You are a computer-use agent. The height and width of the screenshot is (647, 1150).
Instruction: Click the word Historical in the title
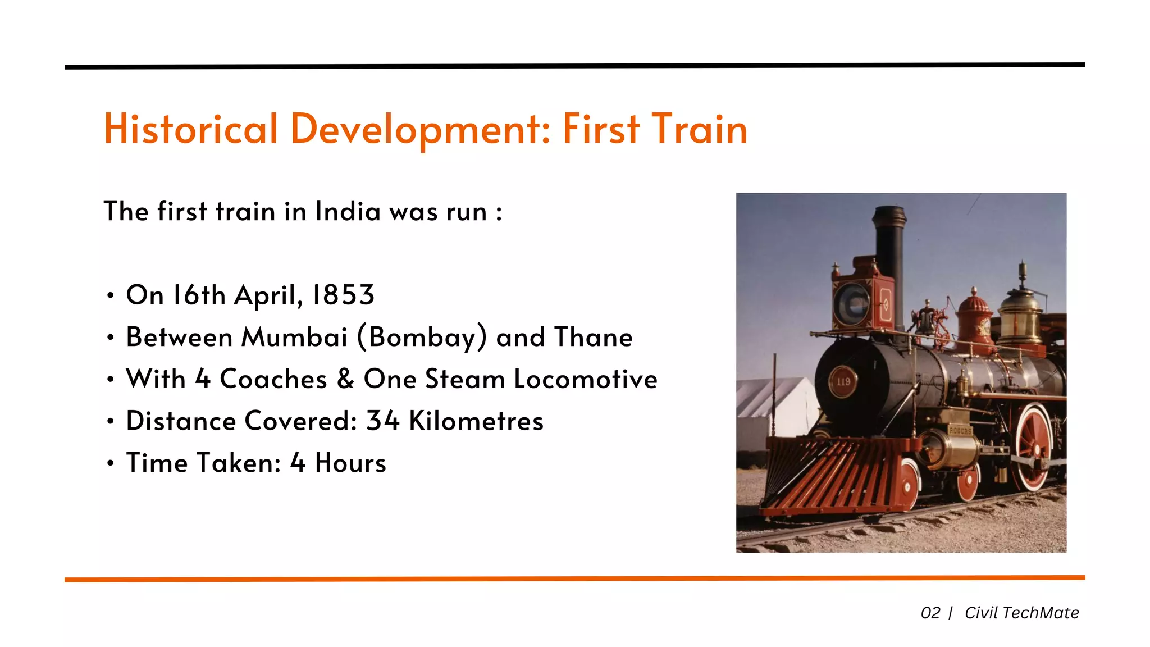click(x=191, y=129)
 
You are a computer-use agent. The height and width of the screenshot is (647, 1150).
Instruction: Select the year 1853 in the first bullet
click(x=343, y=295)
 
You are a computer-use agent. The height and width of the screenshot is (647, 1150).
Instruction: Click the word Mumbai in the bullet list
click(x=294, y=337)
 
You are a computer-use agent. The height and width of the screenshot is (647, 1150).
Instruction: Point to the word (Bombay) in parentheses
click(x=422, y=337)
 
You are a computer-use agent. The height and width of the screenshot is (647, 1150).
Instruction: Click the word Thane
click(x=593, y=337)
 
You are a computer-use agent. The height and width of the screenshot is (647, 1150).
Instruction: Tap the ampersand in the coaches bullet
click(x=345, y=379)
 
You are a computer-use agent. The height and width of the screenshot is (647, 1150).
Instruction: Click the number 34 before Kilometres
click(x=382, y=421)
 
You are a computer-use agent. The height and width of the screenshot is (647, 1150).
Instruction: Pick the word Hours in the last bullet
click(x=350, y=463)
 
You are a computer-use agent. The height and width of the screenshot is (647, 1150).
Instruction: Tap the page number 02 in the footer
click(x=930, y=613)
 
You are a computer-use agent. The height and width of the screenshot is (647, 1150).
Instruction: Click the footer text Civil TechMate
click(x=1021, y=613)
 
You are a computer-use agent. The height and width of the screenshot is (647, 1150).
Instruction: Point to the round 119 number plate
click(x=843, y=381)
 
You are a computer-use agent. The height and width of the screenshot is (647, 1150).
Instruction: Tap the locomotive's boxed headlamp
click(x=855, y=304)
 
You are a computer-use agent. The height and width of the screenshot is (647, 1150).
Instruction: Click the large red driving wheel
click(x=1033, y=446)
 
